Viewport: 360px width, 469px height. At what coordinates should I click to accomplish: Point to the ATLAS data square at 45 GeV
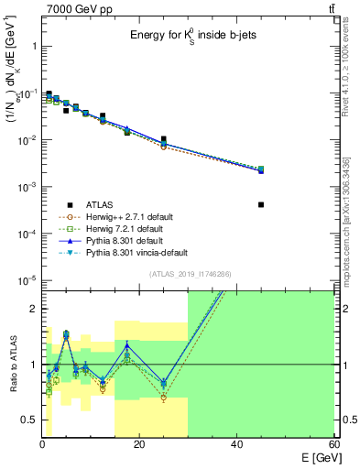[261, 204]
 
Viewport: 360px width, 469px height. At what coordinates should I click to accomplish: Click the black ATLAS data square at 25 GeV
[164, 139]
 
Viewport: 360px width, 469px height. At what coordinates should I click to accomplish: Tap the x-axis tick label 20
[138, 444]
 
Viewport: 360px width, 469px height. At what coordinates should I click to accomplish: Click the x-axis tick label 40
[235, 444]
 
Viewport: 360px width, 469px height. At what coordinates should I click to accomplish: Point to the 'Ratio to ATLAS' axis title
[13, 365]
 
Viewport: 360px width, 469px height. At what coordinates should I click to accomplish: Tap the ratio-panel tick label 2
[32, 309]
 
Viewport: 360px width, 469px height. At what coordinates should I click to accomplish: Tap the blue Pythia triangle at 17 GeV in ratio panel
[126, 346]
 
